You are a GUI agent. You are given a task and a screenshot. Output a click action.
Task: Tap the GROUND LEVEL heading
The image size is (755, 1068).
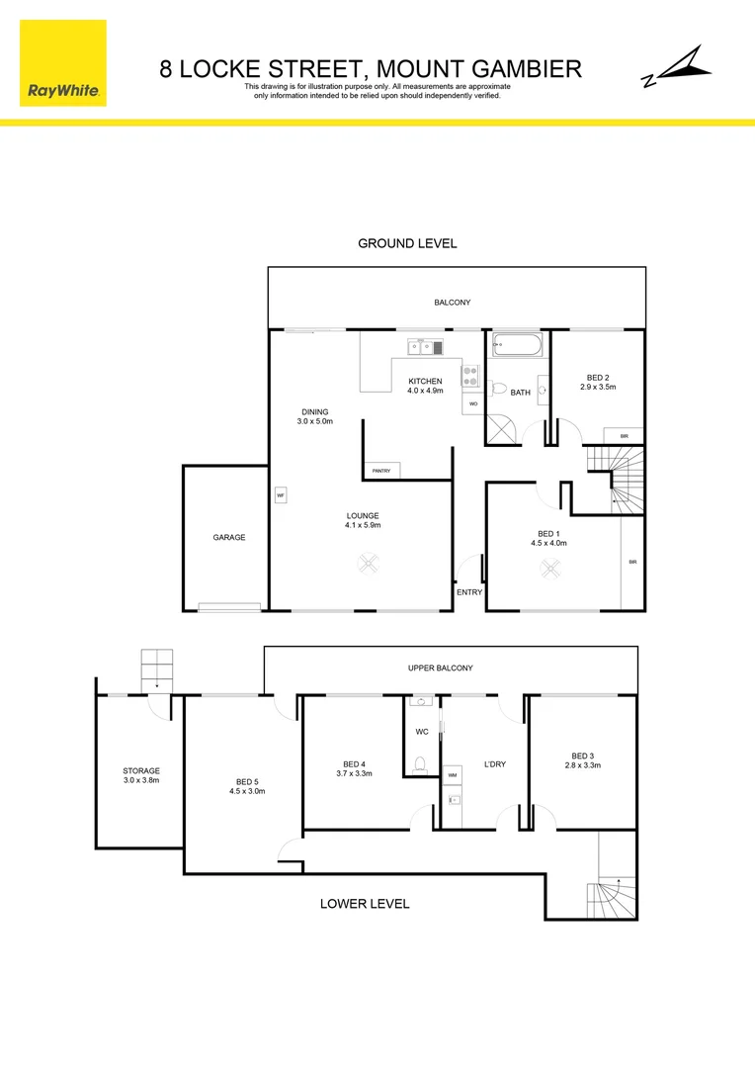[407, 243]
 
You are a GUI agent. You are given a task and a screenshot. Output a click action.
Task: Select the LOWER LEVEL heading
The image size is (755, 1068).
[364, 903]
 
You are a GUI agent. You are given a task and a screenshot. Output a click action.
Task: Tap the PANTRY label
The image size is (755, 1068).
[380, 471]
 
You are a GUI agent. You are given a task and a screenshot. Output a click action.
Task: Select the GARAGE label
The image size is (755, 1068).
[228, 537]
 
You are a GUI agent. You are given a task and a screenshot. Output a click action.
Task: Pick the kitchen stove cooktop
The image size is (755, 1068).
[470, 376]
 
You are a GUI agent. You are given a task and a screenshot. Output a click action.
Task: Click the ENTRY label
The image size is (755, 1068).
[469, 592]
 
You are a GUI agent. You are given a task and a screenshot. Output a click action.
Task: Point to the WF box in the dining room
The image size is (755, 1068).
[281, 494]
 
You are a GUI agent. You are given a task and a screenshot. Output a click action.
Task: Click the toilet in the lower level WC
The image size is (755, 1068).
[421, 763]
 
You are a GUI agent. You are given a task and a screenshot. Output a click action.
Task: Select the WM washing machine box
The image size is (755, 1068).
[453, 775]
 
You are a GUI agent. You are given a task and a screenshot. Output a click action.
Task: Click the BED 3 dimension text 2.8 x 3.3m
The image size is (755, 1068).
[582, 765]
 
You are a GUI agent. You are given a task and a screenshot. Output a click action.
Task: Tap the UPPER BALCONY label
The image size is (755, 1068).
[440, 667]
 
